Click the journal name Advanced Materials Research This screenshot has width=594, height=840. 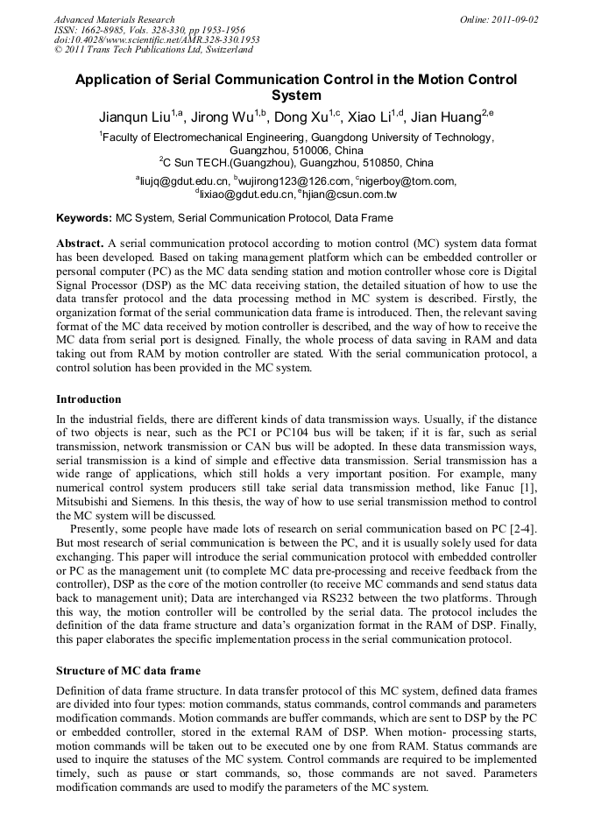(114, 19)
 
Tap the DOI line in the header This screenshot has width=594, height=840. (157, 39)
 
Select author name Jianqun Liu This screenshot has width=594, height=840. (135, 116)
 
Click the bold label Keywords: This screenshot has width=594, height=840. (84, 218)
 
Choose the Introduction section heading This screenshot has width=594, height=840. (88, 399)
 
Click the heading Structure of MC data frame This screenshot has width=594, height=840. (128, 671)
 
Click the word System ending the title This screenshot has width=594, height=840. (296, 95)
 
